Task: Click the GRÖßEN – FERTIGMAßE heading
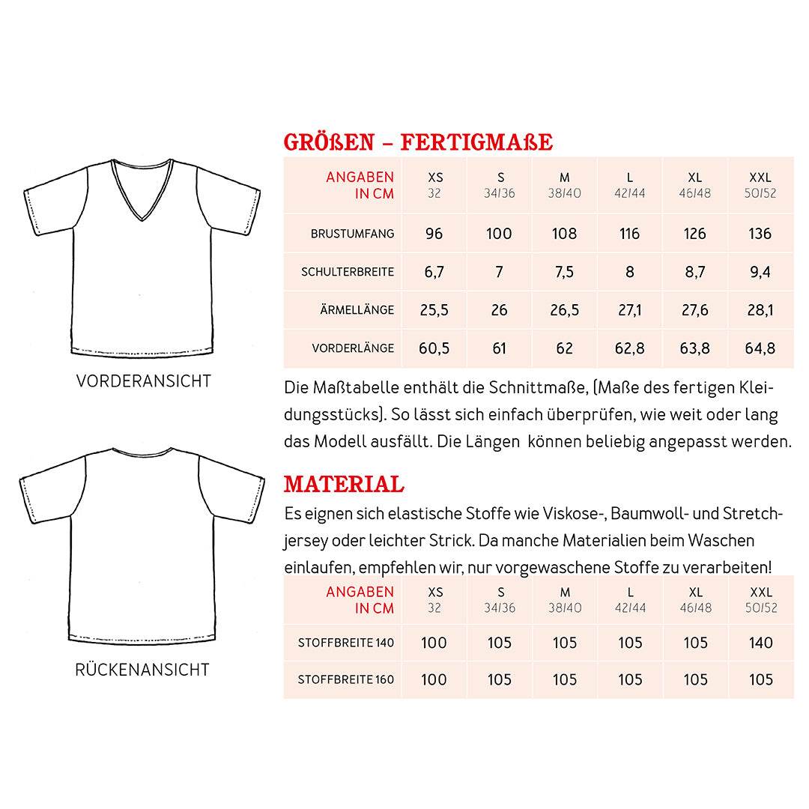(x=418, y=142)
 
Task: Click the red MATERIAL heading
(x=344, y=484)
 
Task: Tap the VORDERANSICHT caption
(x=144, y=381)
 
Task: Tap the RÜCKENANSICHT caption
(x=142, y=669)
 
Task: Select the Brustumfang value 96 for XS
(x=434, y=234)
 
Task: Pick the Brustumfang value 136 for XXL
(x=760, y=234)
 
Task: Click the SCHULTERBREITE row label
(x=348, y=272)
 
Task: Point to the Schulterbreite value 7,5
(x=565, y=272)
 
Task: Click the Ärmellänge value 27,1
(x=630, y=310)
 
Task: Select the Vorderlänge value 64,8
(x=760, y=348)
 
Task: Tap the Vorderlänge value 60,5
(x=435, y=348)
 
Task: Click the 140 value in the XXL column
(x=760, y=643)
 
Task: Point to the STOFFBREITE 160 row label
(x=346, y=680)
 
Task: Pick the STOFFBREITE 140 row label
(x=346, y=643)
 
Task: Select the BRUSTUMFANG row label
(x=352, y=234)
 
